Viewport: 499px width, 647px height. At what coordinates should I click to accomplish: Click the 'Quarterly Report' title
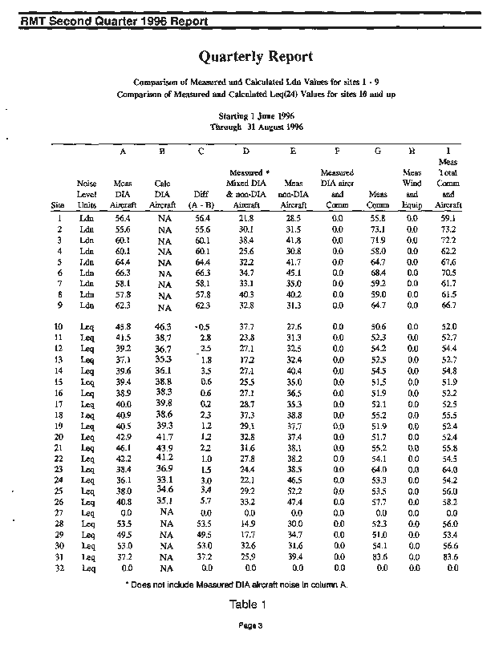coord(255,56)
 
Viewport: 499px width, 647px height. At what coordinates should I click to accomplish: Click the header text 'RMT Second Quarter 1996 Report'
coord(116,21)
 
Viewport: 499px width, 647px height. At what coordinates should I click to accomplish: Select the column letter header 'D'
coord(245,150)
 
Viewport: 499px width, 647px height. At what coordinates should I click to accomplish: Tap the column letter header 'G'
coord(377,150)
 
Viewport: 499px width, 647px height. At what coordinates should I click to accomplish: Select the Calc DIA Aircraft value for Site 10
coord(163,327)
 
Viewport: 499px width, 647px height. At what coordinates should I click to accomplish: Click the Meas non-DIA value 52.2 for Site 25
coord(293,491)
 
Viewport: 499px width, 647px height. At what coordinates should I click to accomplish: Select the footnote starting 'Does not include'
coord(237,584)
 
